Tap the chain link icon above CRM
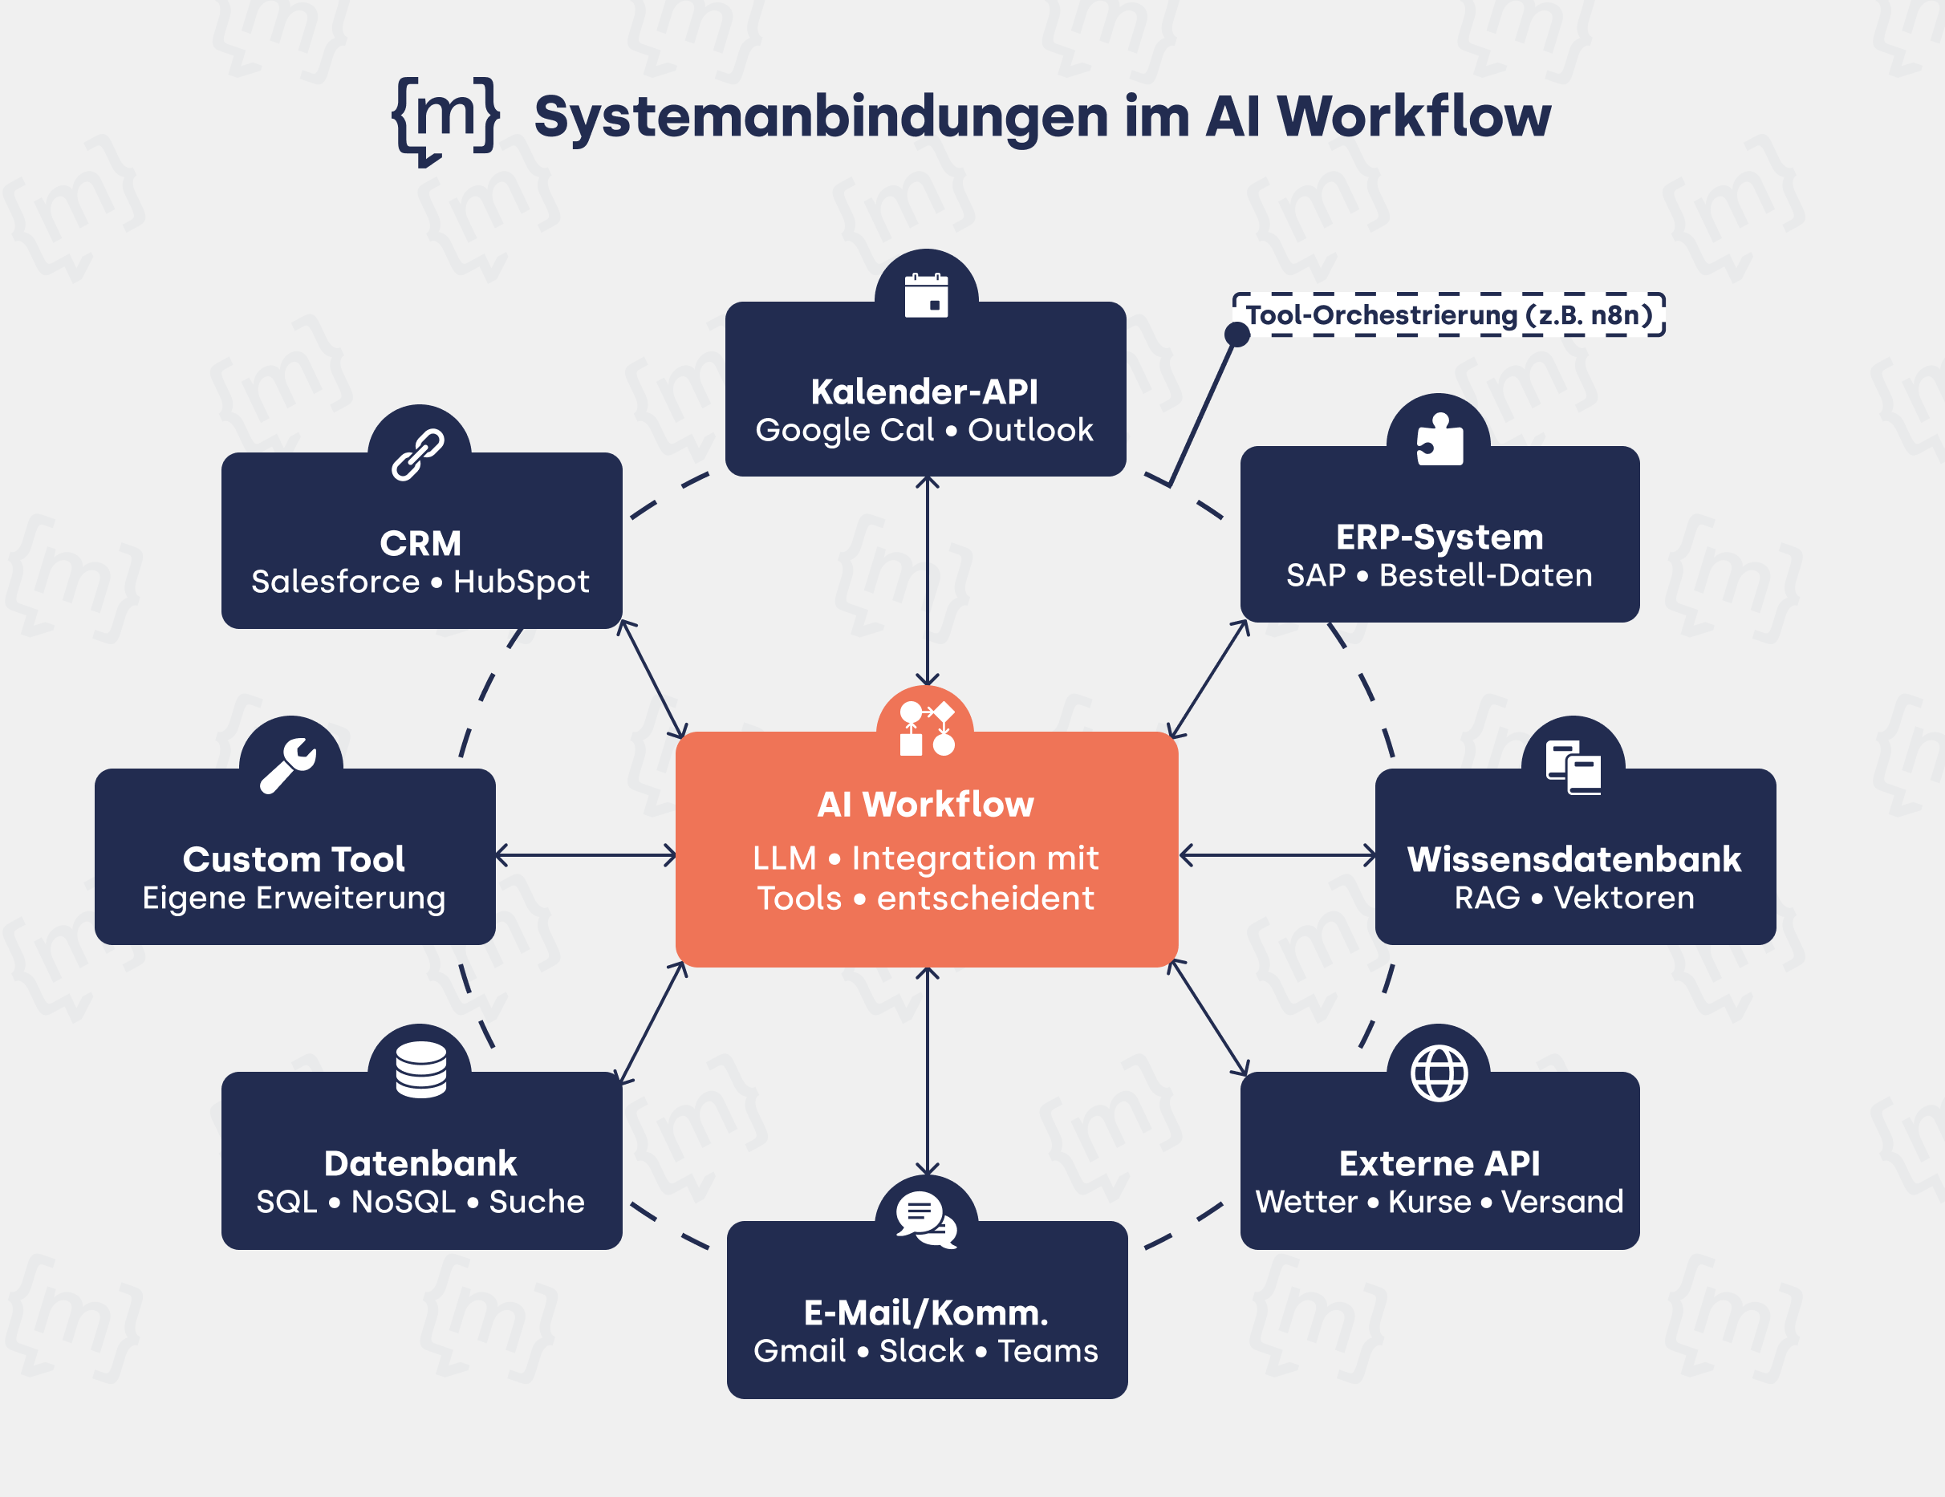419,454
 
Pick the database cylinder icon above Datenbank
420,1069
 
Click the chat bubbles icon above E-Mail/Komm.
926,1220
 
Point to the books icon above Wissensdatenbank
1573,767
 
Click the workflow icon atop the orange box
926,728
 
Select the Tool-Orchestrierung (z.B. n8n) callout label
1449,315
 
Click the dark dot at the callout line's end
1237,334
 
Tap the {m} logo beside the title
445,120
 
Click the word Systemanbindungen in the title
820,118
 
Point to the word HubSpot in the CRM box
521,582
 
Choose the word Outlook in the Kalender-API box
1030,431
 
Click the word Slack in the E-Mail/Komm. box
922,1351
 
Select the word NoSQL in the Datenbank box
404,1203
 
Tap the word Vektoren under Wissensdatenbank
1623,898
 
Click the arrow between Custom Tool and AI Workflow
586,856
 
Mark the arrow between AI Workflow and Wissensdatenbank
1277,856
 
